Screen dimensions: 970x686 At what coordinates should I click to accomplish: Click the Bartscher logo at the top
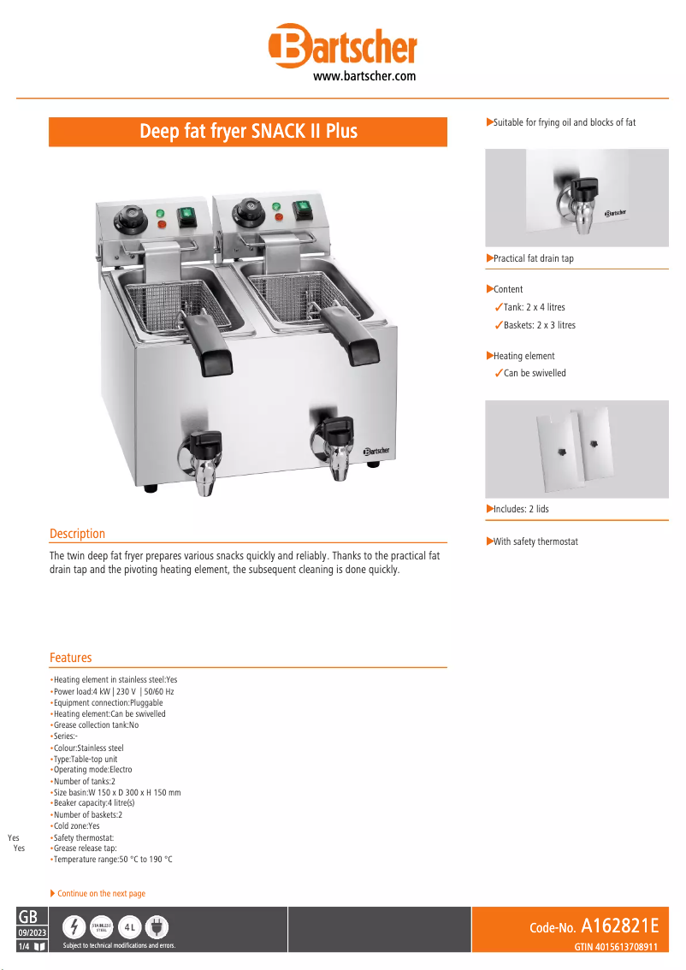coord(342,46)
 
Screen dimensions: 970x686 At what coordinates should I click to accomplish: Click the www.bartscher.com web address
coord(364,77)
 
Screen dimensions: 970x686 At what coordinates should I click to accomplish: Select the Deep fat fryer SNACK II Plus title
coord(248,132)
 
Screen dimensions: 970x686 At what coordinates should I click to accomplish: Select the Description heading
coord(77,534)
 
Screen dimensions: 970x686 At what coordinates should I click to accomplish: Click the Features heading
coord(70,658)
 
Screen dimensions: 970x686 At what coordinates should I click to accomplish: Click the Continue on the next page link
coord(101,893)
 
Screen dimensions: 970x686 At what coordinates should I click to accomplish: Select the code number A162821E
coord(619,926)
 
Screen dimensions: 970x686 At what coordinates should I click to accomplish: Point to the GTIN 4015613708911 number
coord(615,947)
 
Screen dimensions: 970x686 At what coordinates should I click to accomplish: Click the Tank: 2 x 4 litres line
coord(534,307)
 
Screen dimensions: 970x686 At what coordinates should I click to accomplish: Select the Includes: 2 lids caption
coord(521,509)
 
